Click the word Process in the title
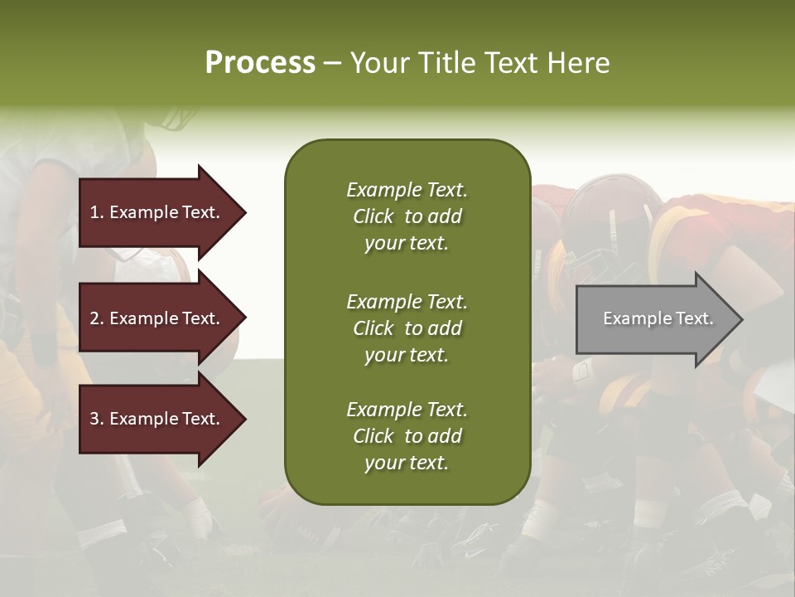pos(260,63)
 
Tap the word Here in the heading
pos(577,63)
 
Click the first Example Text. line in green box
pos(407,190)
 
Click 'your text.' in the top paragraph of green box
pos(407,243)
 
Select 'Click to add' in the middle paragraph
pos(407,328)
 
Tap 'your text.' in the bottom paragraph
pos(407,463)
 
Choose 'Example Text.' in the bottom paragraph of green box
pos(407,410)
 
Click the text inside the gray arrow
pos(658,318)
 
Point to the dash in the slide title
pos(332,63)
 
